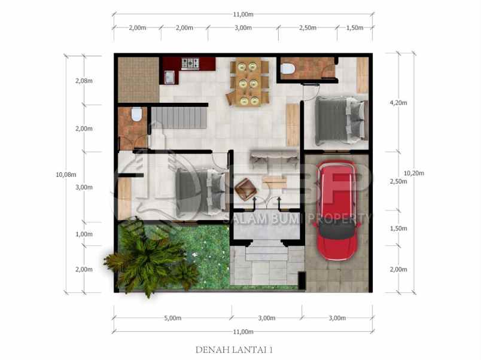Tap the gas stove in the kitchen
pos(190,63)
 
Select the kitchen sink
pos(171,77)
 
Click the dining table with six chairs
pos(248,83)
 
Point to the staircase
pos(178,118)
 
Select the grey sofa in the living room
pos(274,157)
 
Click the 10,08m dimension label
pos(66,175)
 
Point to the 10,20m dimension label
pos(413,173)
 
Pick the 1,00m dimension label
pos(84,234)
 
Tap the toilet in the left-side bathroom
pos(136,114)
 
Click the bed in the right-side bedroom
pos(339,120)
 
